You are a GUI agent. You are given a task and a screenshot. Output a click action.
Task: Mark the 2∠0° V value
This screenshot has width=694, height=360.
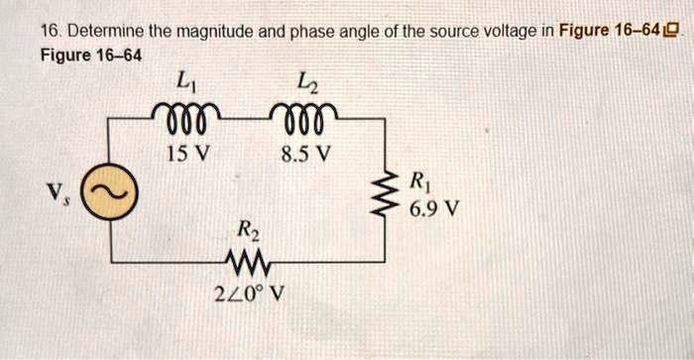click(x=250, y=293)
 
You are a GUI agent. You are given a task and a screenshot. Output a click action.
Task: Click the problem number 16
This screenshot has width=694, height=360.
click(x=48, y=32)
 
